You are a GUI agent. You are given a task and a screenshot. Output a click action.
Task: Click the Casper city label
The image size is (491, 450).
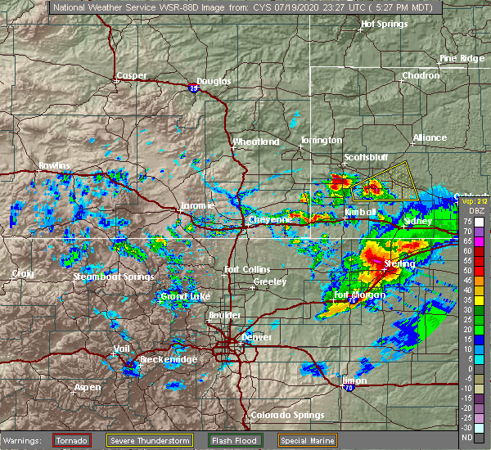coord(131,76)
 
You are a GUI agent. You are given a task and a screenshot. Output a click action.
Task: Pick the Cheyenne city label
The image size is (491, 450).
coord(270,219)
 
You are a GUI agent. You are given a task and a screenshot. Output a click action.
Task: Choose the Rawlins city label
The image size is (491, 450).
coord(54,166)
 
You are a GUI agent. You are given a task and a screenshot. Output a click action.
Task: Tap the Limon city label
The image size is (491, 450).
coord(355,380)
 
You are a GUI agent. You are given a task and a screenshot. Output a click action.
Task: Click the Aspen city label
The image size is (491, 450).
coord(88,387)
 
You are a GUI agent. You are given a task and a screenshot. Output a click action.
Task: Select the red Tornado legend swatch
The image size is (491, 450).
coord(73,439)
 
